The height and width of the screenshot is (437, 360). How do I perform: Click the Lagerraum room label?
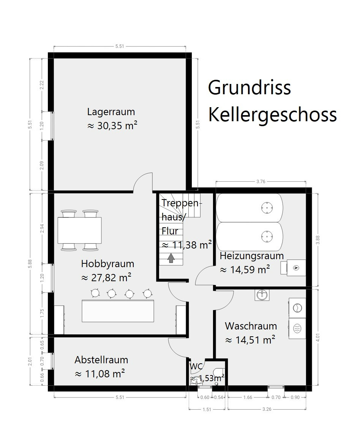[x=111, y=112]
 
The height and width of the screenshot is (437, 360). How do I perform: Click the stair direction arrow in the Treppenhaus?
[x=171, y=258]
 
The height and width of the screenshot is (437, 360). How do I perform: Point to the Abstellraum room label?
[x=101, y=360]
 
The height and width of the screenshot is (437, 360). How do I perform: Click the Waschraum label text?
[x=251, y=326]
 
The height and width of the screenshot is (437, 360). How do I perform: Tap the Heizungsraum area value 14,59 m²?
[x=245, y=270]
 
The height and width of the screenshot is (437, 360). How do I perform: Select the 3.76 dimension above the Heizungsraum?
[x=261, y=181]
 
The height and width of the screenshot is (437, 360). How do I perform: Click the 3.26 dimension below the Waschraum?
[x=267, y=409]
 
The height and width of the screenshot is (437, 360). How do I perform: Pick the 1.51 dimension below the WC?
[x=207, y=409]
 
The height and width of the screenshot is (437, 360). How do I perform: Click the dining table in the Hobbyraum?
[x=80, y=230]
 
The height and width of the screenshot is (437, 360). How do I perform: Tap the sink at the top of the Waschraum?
[x=262, y=295]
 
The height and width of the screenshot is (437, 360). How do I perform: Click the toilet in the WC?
[x=219, y=373]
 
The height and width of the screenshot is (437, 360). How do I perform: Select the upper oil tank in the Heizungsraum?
[x=249, y=207]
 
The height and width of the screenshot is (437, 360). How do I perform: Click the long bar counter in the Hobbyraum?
[x=118, y=311]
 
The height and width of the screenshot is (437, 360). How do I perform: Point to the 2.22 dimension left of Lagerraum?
[x=42, y=85]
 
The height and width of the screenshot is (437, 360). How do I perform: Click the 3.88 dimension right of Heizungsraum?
[x=318, y=240]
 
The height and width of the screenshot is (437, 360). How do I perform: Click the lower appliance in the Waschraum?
[x=297, y=328]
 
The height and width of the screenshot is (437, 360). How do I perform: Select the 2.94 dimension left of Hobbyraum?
[x=42, y=228]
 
